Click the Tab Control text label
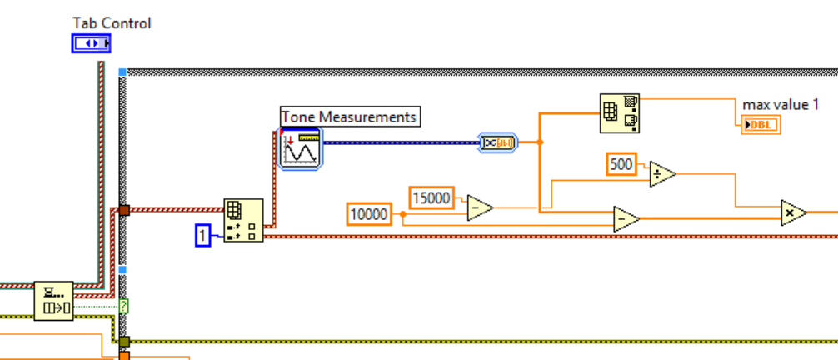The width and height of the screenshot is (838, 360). (112, 23)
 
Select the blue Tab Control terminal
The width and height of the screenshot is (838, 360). (91, 43)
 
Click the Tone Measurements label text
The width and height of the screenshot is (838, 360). (349, 117)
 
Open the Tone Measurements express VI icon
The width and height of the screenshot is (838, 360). (300, 149)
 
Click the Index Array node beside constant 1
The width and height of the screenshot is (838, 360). (243, 221)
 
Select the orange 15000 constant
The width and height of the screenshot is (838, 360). (431, 197)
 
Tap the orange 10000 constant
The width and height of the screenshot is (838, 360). (369, 214)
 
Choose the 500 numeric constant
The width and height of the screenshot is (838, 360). (621, 164)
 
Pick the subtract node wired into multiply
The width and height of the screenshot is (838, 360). (625, 219)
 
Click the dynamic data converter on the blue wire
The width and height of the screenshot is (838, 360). (498, 142)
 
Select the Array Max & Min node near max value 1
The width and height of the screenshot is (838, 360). (620, 113)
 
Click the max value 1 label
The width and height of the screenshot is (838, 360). (781, 105)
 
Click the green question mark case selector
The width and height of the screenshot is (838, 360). (124, 305)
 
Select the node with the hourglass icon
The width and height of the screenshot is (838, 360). (53, 301)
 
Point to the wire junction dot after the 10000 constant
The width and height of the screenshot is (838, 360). (403, 214)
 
